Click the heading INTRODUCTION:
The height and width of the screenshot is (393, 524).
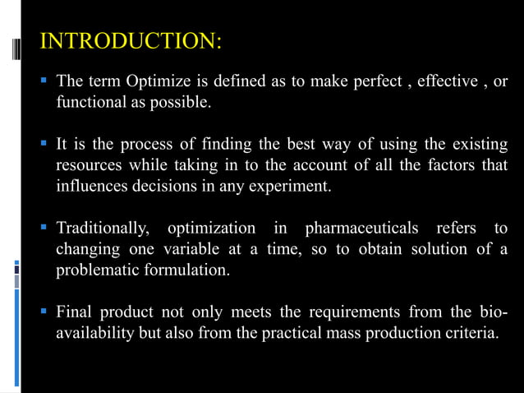(x=129, y=40)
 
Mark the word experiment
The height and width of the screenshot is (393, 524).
(x=292, y=187)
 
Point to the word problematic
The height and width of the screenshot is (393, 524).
(x=98, y=270)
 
